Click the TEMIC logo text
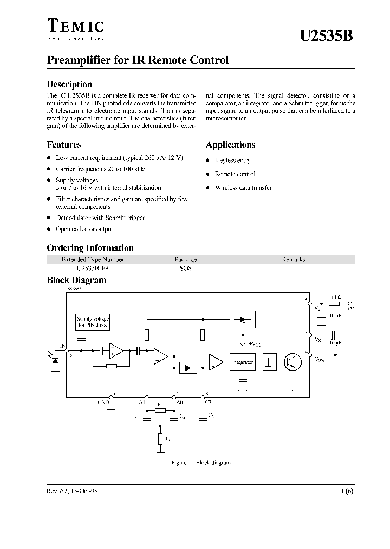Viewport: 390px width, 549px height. pyautogui.click(x=75, y=27)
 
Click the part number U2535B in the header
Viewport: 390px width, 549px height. pyautogui.click(x=327, y=36)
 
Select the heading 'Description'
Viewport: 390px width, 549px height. pyautogui.click(x=69, y=85)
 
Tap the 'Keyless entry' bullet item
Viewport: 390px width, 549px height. pyautogui.click(x=232, y=161)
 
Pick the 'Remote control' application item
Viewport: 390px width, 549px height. pyautogui.click(x=235, y=174)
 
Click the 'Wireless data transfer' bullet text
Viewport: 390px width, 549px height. pyautogui.click(x=243, y=188)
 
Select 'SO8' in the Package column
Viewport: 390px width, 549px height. pyautogui.click(x=186, y=268)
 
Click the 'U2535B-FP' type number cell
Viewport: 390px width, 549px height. pyautogui.click(x=86, y=268)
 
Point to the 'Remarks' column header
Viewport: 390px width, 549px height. pyautogui.click(x=294, y=259)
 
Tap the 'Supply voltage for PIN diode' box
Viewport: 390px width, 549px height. pyautogui.click(x=93, y=322)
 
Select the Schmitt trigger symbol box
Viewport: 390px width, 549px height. pyautogui.click(x=270, y=362)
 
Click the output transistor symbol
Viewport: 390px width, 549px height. pyautogui.click(x=293, y=362)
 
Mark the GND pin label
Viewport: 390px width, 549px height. pyautogui.click(x=103, y=403)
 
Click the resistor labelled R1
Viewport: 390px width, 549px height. pyautogui.click(x=160, y=411)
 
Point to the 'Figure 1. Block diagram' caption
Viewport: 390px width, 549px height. pyautogui.click(x=200, y=463)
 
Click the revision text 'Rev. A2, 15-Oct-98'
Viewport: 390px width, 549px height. pyautogui.click(x=72, y=490)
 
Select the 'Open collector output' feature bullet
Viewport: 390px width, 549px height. pyautogui.click(x=84, y=229)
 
